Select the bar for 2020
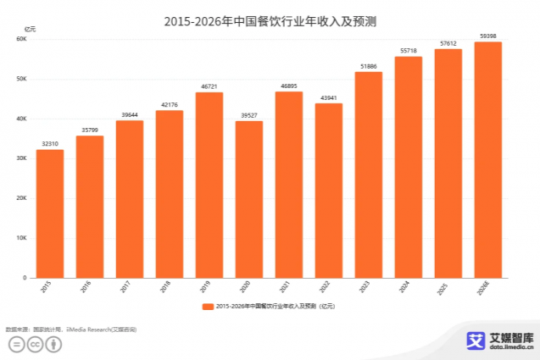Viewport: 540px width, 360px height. pyautogui.click(x=249, y=199)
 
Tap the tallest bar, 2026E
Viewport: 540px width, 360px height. pyautogui.click(x=487, y=160)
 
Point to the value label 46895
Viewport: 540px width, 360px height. pyautogui.click(x=289, y=85)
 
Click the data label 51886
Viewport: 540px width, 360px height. pyautogui.click(x=369, y=65)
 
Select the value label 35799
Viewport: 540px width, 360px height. pyautogui.click(x=90, y=129)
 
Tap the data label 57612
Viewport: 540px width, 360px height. pyautogui.click(x=448, y=42)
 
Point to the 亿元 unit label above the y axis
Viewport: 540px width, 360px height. pyautogui.click(x=31, y=29)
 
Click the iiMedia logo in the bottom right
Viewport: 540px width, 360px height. pyautogui.click(x=500, y=341)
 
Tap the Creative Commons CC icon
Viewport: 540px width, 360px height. pyautogui.click(x=35, y=344)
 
